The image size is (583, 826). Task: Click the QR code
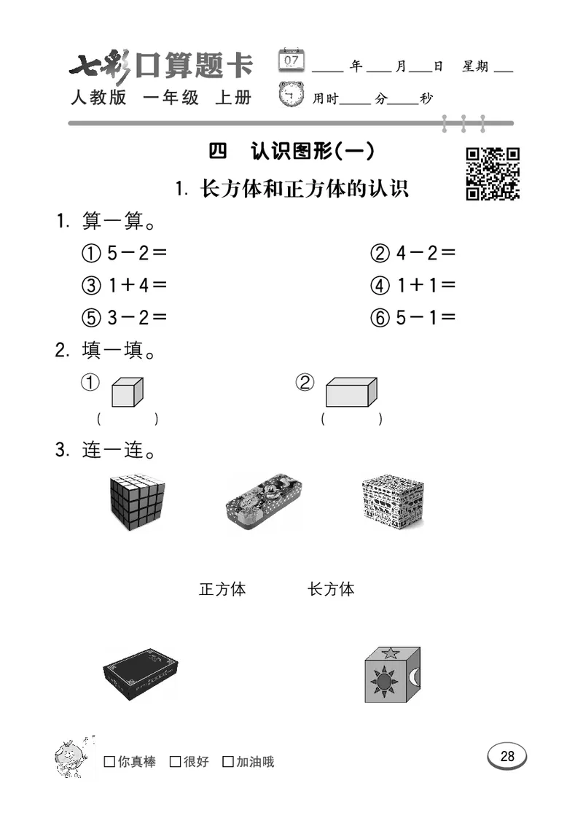coord(493,174)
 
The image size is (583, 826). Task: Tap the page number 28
coord(507,756)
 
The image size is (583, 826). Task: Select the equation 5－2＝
coord(125,253)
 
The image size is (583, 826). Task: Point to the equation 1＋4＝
coord(125,285)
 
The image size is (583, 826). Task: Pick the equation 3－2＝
coord(125,317)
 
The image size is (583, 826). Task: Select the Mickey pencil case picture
coord(263,502)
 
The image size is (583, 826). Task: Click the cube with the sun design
coord(393,674)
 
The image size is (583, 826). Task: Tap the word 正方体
coord(222,589)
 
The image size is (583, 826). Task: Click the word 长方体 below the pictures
coord(331,589)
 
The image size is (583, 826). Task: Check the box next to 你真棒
coord(109,762)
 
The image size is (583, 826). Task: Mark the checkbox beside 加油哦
coord(228,762)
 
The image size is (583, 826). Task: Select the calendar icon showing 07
coord(292,60)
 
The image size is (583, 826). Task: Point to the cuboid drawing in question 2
coord(351,392)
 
